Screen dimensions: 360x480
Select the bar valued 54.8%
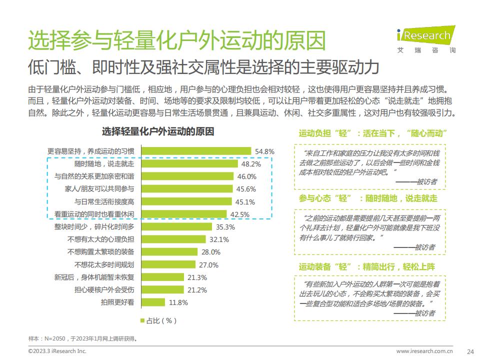pos(196,151)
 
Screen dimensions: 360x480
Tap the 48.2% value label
pos(251,164)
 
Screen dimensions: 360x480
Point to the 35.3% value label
pos(225,226)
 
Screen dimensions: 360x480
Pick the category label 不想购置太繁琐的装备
pos(100,251)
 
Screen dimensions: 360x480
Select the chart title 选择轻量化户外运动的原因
pos(158,132)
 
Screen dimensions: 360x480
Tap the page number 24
pos(469,351)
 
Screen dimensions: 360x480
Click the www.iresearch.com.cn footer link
pos(424,351)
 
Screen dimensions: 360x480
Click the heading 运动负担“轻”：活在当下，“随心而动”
pos(372,133)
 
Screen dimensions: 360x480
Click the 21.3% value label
pos(197,277)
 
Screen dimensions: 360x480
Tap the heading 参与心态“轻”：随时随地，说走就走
pos(368,198)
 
